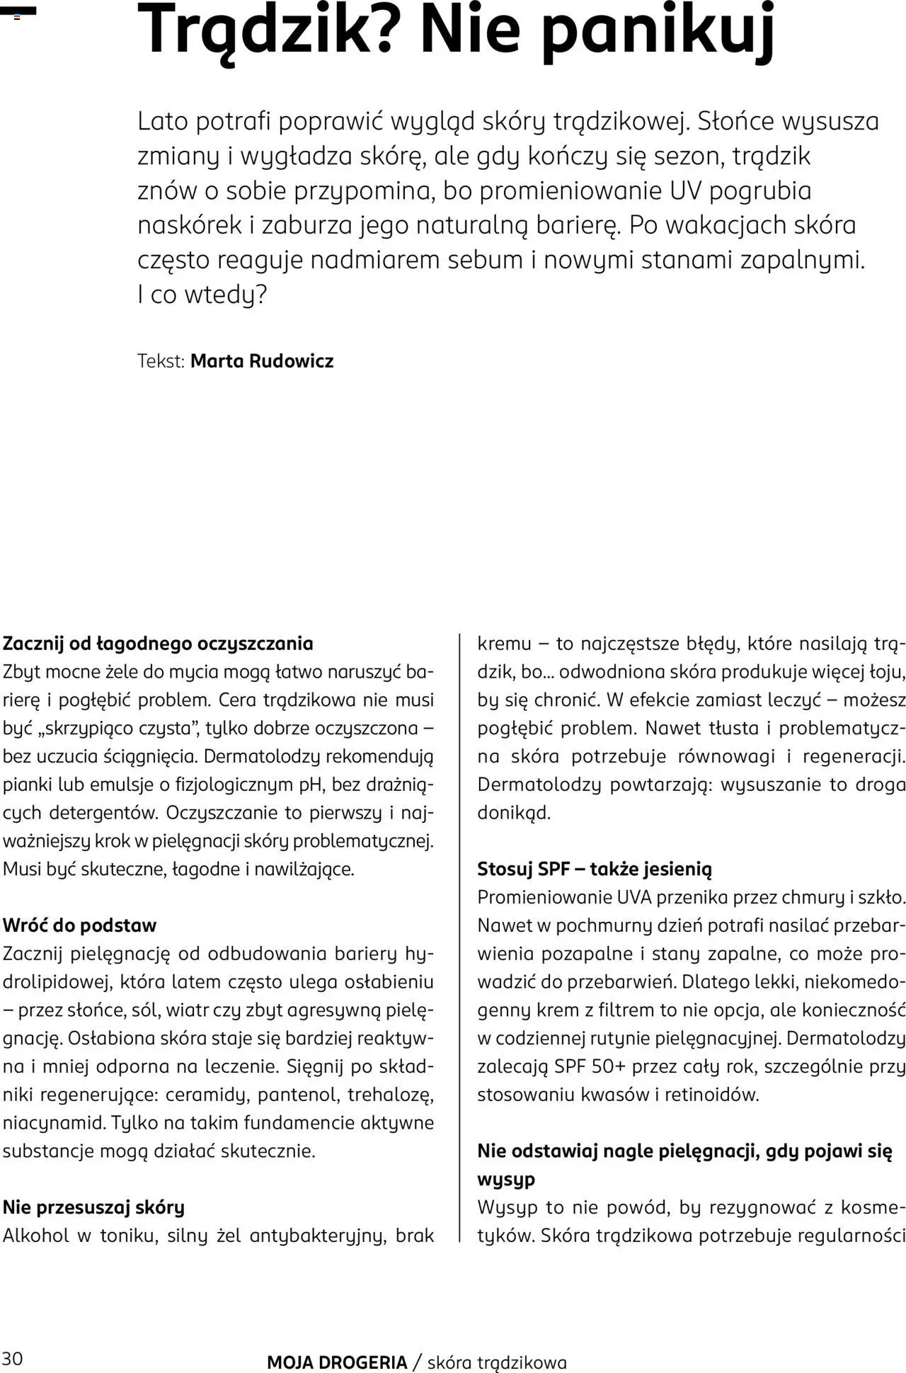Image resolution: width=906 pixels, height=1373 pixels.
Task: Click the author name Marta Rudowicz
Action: (262, 361)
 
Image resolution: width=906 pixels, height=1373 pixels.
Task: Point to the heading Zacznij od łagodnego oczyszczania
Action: (158, 644)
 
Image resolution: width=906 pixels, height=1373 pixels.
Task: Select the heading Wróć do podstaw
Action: (79, 925)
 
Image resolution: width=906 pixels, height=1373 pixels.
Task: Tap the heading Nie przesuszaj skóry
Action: (93, 1207)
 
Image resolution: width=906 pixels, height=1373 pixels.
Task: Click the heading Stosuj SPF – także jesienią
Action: (595, 869)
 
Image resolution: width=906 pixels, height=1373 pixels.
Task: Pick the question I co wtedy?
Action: (202, 295)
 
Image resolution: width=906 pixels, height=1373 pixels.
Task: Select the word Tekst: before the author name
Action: (161, 361)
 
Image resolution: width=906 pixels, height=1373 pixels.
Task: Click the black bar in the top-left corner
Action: (18, 11)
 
